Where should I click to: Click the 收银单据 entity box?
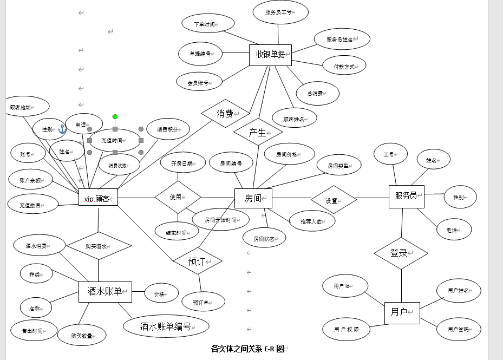[x=270, y=55]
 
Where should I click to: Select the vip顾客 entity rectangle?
[x=98, y=199]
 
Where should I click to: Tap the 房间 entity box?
[x=253, y=199]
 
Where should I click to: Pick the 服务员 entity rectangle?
[x=406, y=197]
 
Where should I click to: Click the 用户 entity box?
[x=402, y=313]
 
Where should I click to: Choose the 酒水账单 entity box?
[x=105, y=292]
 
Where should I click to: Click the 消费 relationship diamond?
[x=225, y=114]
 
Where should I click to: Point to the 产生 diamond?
[x=258, y=132]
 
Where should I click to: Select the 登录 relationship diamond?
[x=401, y=253]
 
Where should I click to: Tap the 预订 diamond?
[x=197, y=261]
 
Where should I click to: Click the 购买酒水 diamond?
[x=99, y=246]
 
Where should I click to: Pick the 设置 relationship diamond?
[x=333, y=200]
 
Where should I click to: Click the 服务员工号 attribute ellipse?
[x=280, y=12]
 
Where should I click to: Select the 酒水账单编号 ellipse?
[x=166, y=326]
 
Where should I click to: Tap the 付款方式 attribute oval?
[x=344, y=66]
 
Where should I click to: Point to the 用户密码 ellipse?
[x=459, y=329]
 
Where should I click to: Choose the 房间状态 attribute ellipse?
[x=263, y=238]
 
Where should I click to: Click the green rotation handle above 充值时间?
[x=115, y=116]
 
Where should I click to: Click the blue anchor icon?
[x=62, y=129]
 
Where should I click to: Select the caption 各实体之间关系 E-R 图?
[x=247, y=349]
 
